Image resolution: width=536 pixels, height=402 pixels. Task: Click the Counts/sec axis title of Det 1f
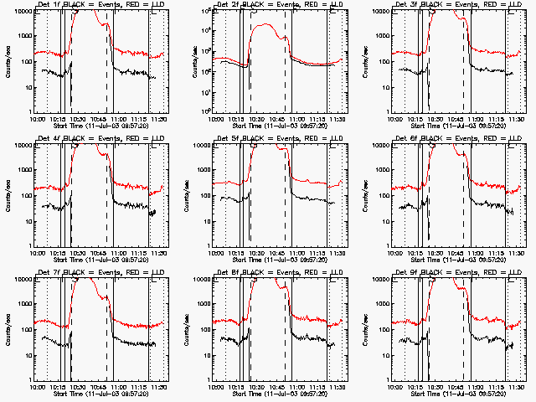pyautogui.click(x=8, y=60)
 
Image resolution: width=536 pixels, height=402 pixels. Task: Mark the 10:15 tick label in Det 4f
pyautogui.click(x=59, y=253)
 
